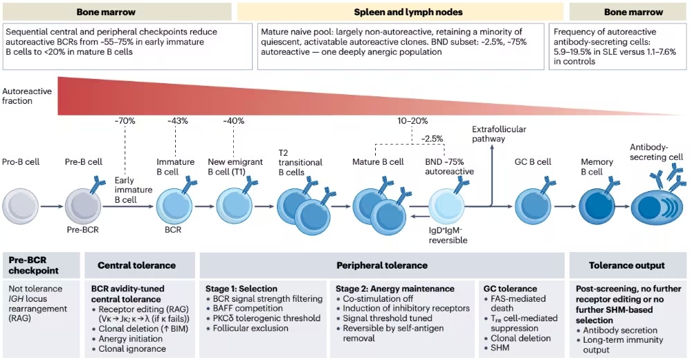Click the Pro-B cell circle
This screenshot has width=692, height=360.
20,206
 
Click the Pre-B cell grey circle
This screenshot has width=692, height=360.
83,206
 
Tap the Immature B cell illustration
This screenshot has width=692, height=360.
174,206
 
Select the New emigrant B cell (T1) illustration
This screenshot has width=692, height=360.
234,206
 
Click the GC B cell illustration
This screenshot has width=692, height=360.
533,206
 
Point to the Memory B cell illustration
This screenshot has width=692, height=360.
597,206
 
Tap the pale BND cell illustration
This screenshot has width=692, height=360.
446,206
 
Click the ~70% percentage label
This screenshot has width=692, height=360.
125,120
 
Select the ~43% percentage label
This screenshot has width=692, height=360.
177,120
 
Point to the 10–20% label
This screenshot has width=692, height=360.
412,120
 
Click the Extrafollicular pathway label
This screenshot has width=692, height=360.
499,134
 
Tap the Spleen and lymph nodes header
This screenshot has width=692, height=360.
408,12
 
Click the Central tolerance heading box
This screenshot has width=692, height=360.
140,265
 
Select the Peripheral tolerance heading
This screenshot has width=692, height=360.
382,265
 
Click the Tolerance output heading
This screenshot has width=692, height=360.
627,265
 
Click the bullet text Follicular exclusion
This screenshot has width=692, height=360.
251,328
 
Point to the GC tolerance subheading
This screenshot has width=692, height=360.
510,289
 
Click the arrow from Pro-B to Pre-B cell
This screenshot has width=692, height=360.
52,206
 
